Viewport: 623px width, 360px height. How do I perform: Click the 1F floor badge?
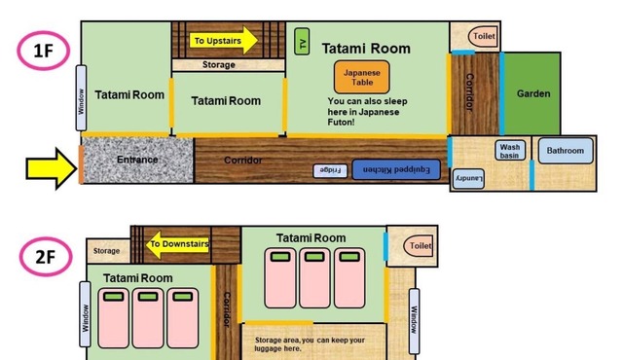tap(43, 51)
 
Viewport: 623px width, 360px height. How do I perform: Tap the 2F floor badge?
tap(46, 257)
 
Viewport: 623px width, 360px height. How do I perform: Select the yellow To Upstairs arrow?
tap(224, 40)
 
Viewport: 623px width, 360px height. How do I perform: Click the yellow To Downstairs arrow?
tap(177, 244)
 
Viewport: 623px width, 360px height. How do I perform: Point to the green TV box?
tap(302, 41)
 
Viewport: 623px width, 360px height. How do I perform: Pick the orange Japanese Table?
tap(361, 77)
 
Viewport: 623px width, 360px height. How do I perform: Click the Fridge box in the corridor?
tap(330, 170)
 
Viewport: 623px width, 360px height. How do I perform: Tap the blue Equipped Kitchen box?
tap(396, 169)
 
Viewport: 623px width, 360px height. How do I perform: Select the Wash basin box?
tap(510, 151)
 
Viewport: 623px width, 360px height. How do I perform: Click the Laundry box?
tap(468, 179)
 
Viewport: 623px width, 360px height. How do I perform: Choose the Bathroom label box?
tap(566, 151)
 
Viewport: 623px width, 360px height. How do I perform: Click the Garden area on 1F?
tap(532, 93)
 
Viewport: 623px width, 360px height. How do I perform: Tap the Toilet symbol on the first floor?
tap(483, 37)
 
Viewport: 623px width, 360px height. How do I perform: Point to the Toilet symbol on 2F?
tap(418, 246)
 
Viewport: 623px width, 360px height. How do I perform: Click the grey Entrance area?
tap(137, 160)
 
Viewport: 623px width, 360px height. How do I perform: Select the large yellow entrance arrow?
tap(52, 168)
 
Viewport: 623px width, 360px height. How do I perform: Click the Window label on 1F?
tap(81, 98)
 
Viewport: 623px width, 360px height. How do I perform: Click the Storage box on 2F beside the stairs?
tap(108, 251)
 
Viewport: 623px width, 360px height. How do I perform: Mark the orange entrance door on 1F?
tap(81, 164)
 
